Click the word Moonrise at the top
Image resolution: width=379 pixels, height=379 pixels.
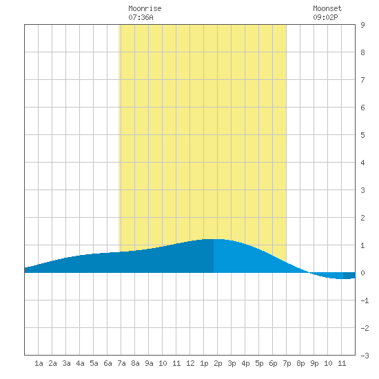pyautogui.click(x=145, y=8)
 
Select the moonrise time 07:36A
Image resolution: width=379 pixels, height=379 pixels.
pyautogui.click(x=141, y=17)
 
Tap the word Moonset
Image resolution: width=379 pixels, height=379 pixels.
pyautogui.click(x=327, y=8)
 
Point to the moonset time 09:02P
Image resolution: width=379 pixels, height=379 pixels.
pyautogui.click(x=325, y=17)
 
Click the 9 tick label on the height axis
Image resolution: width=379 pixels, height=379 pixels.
pyautogui.click(x=362, y=25)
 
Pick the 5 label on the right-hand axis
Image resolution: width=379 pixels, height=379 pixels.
pyautogui.click(x=362, y=135)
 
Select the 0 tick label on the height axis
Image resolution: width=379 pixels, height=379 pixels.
pyautogui.click(x=362, y=273)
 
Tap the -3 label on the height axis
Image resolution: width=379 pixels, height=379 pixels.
pyautogui.click(x=365, y=356)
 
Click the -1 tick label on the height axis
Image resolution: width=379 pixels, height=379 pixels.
pyautogui.click(x=365, y=300)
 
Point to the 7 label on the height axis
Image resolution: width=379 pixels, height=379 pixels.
pyautogui.click(x=362, y=80)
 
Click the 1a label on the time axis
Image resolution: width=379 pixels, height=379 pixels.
pyautogui.click(x=39, y=363)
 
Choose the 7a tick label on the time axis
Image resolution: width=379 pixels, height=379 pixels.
pyautogui.click(x=121, y=363)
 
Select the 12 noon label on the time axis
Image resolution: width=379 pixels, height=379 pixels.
pyautogui.click(x=190, y=363)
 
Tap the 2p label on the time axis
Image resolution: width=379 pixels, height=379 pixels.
pyautogui.click(x=218, y=363)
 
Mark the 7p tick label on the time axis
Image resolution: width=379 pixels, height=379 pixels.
pyautogui.click(x=287, y=363)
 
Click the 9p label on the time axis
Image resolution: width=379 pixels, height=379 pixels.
pyautogui.click(x=314, y=363)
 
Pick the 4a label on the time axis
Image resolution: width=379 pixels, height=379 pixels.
pyautogui.click(x=80, y=363)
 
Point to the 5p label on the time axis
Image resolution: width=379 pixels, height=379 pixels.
pyautogui.click(x=259, y=363)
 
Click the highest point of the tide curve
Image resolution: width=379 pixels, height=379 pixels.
pyautogui.click(x=214, y=239)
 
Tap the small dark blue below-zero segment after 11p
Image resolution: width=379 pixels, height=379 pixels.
pyautogui.click(x=349, y=276)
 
